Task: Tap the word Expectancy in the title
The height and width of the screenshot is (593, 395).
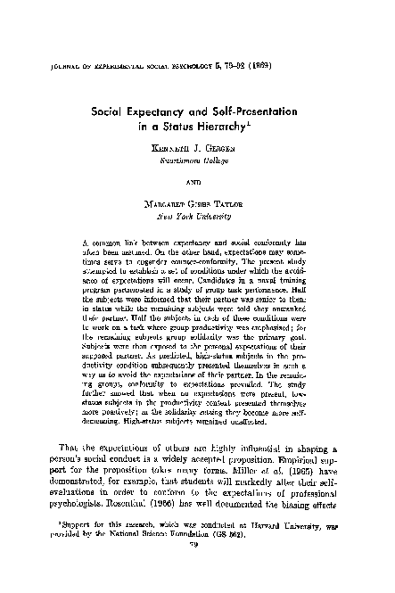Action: coord(178,113)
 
